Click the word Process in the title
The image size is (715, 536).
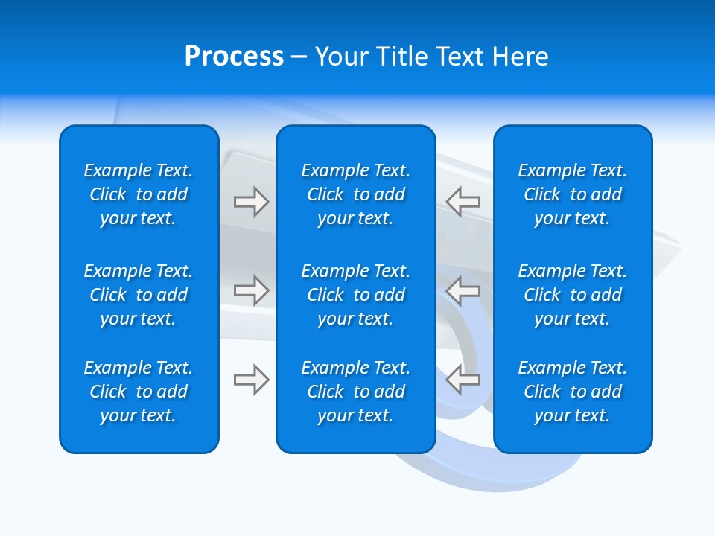[234, 57]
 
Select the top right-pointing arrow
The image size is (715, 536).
[251, 202]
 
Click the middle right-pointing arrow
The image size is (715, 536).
[251, 290]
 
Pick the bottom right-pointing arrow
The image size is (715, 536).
[251, 380]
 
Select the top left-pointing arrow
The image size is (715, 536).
[463, 202]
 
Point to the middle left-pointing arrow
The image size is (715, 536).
[463, 290]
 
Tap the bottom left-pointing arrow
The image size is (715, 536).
[463, 380]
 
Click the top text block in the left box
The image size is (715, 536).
[139, 194]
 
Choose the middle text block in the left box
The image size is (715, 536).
[139, 295]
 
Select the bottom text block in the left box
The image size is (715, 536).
[139, 392]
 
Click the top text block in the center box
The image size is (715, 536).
[355, 194]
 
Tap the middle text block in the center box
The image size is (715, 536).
[355, 295]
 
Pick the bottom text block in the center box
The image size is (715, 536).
[355, 392]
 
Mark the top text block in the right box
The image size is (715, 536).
[572, 194]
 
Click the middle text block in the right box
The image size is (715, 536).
[572, 295]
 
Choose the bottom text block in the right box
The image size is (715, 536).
[572, 392]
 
